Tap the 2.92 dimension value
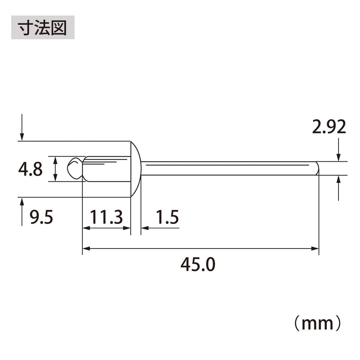click(329, 127)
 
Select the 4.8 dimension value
click(31, 169)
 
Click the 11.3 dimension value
click(106, 218)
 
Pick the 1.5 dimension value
click(167, 218)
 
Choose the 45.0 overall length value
click(198, 264)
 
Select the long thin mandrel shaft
click(229, 168)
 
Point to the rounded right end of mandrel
click(317, 168)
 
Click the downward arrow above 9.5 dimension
click(22, 136)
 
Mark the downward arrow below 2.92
click(339, 157)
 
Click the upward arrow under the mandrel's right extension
click(339, 180)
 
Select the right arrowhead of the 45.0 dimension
click(315, 249)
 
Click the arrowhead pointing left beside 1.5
click(144, 228)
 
